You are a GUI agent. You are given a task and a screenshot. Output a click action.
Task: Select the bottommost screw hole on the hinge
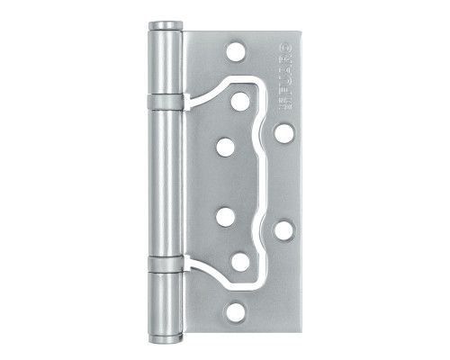click(x=237, y=310)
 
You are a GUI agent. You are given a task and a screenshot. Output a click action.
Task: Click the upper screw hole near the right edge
click(x=283, y=133)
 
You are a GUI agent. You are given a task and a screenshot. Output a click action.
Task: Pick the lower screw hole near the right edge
click(x=283, y=229)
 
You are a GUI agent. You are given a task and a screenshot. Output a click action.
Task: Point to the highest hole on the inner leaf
click(x=239, y=101)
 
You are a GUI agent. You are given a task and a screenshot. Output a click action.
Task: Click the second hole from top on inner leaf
click(x=224, y=146)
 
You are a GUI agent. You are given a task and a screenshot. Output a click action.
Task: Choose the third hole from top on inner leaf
click(x=224, y=217)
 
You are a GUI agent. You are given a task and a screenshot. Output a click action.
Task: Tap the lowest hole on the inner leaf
click(x=239, y=261)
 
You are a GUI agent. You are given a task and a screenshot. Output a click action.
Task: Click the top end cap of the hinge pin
click(x=163, y=28)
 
